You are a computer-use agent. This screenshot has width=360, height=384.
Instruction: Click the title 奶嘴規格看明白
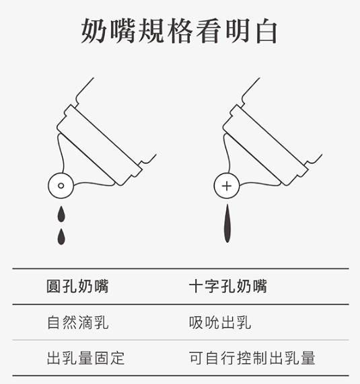pyautogui.click(x=179, y=31)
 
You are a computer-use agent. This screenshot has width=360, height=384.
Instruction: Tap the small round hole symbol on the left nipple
pyautogui.click(x=61, y=186)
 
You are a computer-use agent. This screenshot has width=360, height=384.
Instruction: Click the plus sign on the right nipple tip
pyautogui.click(x=227, y=186)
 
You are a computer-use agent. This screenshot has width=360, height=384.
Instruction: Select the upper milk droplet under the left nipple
pyautogui.click(x=61, y=214)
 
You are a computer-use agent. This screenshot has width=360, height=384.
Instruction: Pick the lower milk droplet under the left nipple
pyautogui.click(x=61, y=237)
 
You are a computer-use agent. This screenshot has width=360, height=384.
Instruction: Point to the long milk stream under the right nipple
pyautogui.click(x=227, y=223)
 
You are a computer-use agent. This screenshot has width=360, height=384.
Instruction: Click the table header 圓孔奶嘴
pyautogui.click(x=77, y=286)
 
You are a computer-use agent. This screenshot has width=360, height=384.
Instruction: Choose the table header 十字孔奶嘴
pyautogui.click(x=228, y=286)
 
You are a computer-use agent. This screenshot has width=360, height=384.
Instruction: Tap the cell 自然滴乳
pyautogui.click(x=77, y=322)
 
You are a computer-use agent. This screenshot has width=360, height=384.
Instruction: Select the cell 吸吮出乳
pyautogui.click(x=220, y=322)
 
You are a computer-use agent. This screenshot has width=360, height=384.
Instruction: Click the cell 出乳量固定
pyautogui.click(x=85, y=358)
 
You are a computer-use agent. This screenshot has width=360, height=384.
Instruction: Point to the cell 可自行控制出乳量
pyautogui.click(x=252, y=358)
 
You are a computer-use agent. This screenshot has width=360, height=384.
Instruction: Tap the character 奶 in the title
pyautogui.click(x=94, y=32)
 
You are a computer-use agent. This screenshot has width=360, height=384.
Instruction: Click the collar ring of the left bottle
pyautogui.click(x=99, y=145)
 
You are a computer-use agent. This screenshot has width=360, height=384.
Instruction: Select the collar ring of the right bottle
pyautogui.click(x=265, y=145)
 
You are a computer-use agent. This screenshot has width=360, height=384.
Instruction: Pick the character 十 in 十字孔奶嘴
pyautogui.click(x=196, y=286)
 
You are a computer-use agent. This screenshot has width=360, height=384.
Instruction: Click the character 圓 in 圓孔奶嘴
pyautogui.click(x=53, y=286)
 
